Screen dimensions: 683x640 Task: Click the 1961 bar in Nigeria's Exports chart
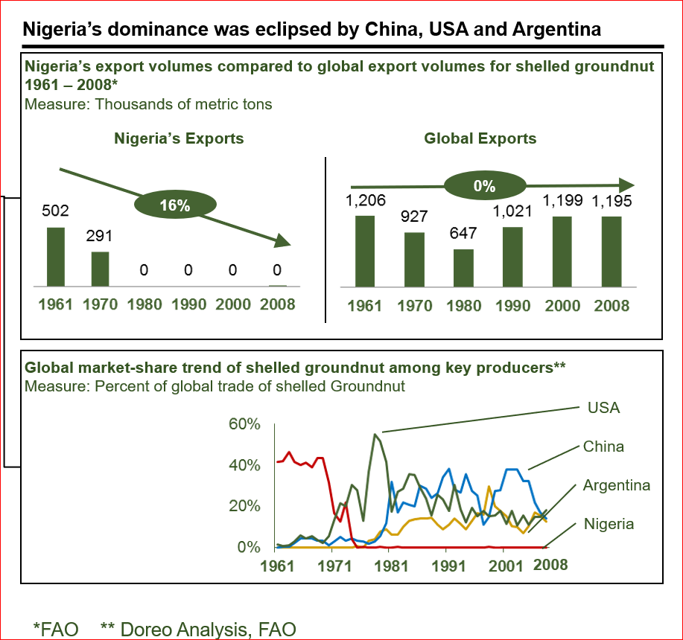[x=56, y=257]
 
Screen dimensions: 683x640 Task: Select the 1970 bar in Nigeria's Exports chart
[x=101, y=269]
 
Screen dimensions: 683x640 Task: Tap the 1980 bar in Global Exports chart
[x=463, y=268]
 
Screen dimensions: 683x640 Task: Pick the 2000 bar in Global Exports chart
[x=562, y=252]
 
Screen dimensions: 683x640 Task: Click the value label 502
[x=55, y=211]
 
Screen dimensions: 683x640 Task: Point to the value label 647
[x=463, y=233]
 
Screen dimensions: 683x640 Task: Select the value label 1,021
[x=512, y=211]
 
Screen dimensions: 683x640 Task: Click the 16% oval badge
[x=175, y=205]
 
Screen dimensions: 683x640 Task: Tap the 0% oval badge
[x=485, y=186]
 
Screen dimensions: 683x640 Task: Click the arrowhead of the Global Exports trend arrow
[x=626, y=185]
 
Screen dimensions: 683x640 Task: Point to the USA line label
[x=603, y=408]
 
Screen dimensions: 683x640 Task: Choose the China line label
[x=603, y=447]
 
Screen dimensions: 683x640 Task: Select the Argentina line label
[x=617, y=485]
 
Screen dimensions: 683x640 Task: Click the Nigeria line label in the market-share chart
[x=609, y=524]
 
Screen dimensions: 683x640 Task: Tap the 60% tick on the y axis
[x=244, y=423]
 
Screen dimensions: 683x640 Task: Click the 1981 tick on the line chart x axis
[x=391, y=566]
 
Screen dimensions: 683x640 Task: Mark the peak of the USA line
[x=375, y=434]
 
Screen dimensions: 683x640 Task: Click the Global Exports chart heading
[x=480, y=138]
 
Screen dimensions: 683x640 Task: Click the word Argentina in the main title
[x=556, y=29]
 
